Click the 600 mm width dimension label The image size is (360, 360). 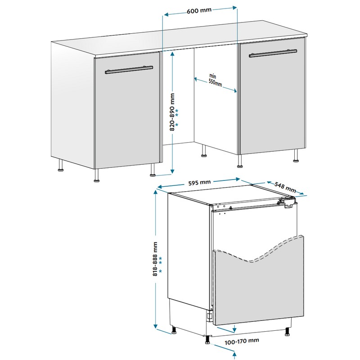pos(199,11)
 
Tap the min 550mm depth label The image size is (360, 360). pos(215,81)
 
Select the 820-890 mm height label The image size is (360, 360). pos(172,112)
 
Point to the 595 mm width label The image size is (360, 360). pos(199,183)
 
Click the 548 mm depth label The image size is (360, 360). pos(285,187)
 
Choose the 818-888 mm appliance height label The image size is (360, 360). pos(155,259)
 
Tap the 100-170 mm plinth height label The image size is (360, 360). pos(242,342)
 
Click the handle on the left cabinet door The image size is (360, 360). pos(129,70)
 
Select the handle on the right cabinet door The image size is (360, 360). pos(273,53)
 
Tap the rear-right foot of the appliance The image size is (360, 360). pos(287,332)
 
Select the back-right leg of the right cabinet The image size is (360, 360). pos(296,155)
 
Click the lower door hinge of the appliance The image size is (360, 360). pos(209,317)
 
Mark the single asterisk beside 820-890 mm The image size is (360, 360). pos(176,125)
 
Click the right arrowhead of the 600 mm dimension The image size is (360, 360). pos(234,8)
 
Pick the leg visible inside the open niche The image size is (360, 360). pos(203,151)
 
